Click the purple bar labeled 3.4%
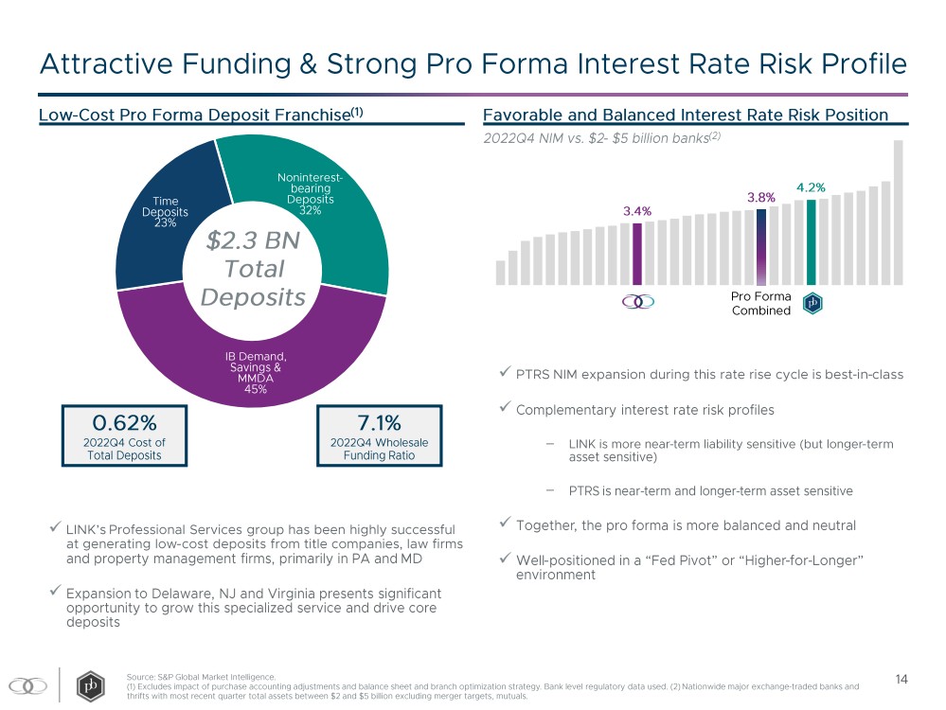click(637, 254)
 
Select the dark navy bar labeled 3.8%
click(761, 246)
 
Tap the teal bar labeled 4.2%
click(812, 241)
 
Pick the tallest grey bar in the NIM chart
click(898, 212)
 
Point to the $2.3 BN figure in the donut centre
click(252, 240)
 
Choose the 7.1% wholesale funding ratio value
click(379, 421)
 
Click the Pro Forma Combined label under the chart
click(761, 304)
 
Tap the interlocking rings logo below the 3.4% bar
click(637, 302)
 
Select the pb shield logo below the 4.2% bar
click(812, 303)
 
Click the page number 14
click(901, 679)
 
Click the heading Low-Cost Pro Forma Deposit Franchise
click(194, 115)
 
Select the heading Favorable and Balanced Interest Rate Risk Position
click(685, 115)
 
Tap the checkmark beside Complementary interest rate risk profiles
click(503, 410)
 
